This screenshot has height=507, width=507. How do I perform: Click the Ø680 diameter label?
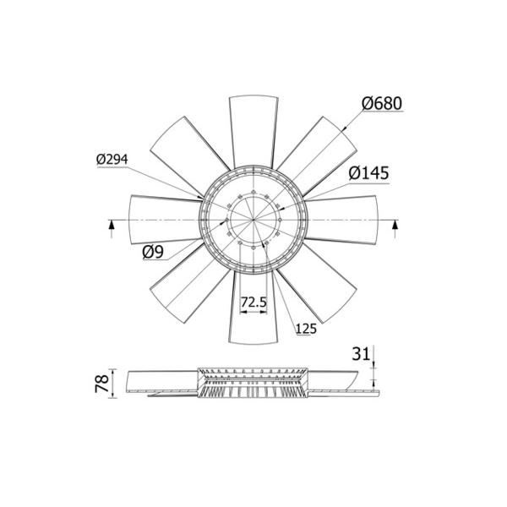point(382,103)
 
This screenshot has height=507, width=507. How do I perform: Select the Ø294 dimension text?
point(112,159)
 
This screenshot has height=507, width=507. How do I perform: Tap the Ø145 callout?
point(368,173)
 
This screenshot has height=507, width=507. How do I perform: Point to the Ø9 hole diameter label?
point(153,252)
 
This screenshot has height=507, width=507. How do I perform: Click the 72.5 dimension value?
point(253,302)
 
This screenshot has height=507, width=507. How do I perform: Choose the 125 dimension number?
point(306,329)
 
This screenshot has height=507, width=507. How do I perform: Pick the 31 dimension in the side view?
point(361,354)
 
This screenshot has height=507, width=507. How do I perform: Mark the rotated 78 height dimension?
point(102,384)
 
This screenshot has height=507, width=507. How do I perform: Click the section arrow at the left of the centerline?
point(112,228)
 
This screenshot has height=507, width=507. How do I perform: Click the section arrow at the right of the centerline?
point(395,228)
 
